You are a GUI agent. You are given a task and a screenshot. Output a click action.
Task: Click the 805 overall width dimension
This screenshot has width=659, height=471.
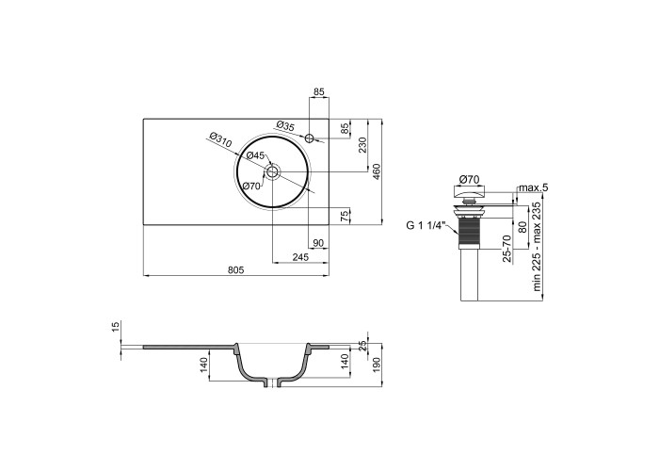235,270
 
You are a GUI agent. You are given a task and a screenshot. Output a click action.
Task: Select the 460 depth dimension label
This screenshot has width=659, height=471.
377,171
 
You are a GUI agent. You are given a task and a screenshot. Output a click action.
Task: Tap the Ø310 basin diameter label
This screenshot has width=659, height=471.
220,139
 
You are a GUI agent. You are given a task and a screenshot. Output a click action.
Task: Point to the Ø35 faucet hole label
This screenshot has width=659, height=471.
286,125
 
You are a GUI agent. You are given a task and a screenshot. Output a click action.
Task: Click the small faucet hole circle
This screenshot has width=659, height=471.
310,138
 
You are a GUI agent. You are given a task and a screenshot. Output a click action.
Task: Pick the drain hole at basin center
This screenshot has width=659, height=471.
272,171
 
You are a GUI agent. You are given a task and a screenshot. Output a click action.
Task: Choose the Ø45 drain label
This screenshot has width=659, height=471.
255,155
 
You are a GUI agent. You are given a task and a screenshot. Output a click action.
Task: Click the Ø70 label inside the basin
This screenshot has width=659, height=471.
251,186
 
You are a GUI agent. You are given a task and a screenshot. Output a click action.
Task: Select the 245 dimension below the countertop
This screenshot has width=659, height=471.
300,257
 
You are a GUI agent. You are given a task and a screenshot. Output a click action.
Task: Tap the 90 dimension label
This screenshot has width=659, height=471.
318,243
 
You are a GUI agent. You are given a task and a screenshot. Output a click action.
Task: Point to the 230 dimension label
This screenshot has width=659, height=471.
363,145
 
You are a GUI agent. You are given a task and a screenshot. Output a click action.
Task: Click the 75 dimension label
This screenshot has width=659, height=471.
345,216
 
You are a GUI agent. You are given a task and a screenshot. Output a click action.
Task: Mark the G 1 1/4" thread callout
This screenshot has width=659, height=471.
426,225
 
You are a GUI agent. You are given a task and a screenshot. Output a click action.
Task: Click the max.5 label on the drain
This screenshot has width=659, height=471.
534,187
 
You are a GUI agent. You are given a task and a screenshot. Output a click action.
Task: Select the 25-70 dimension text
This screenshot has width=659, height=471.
507,249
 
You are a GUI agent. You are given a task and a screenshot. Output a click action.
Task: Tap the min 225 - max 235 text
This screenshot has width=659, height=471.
537,247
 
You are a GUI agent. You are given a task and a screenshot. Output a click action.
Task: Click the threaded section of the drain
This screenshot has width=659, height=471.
470,233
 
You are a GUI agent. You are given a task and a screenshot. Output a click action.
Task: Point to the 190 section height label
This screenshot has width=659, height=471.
377,365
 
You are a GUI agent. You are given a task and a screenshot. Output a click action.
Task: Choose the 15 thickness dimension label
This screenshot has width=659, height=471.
117,326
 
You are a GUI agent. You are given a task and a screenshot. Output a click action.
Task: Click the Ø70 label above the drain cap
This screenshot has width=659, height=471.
469,180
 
